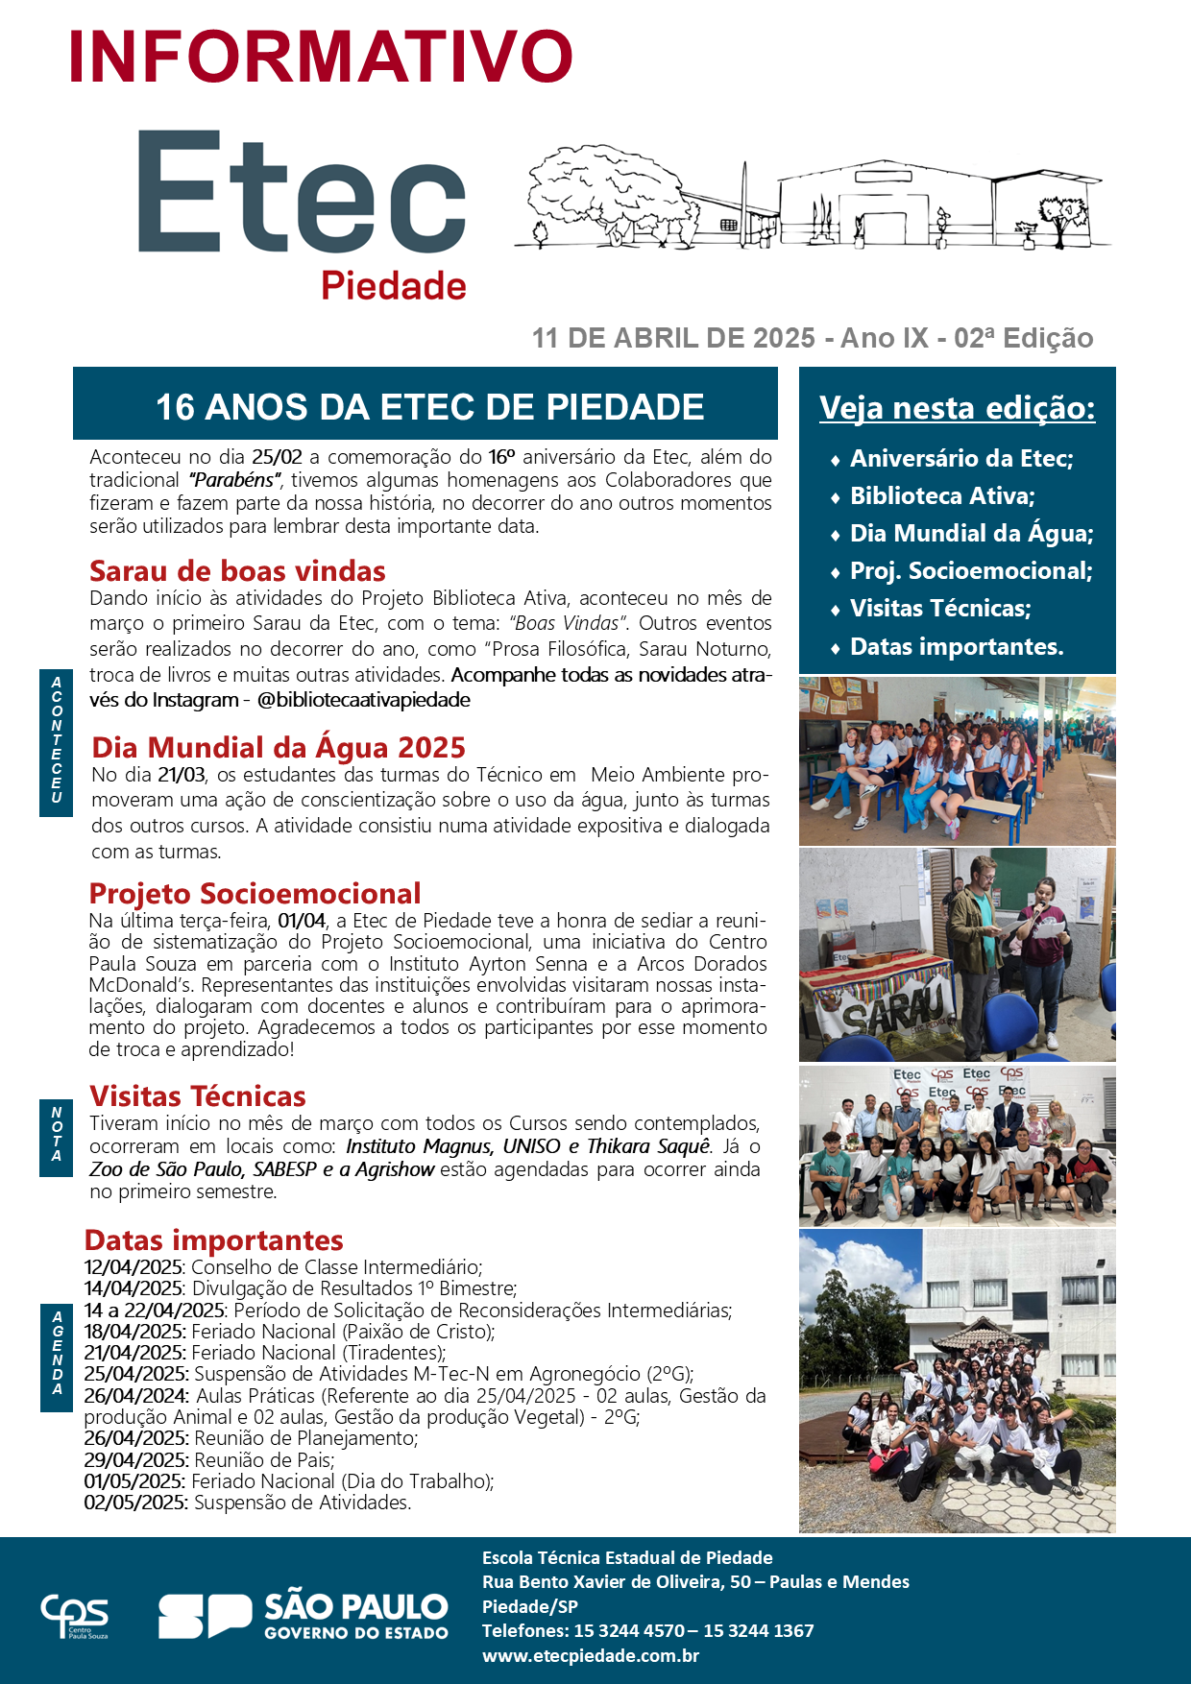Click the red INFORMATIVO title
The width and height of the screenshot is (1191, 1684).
coord(321,58)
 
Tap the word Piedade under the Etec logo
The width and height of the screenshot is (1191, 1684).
coord(394,286)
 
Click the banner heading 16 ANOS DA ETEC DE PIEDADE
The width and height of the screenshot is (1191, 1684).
coord(429,407)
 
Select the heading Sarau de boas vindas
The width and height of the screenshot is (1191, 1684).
coord(237,571)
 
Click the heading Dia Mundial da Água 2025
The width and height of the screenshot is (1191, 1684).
coord(279,747)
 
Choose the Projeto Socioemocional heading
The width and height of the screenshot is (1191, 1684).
coord(255,894)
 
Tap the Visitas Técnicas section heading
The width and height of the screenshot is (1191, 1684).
coord(198,1096)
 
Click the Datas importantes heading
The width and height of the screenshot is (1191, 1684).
coord(213,1240)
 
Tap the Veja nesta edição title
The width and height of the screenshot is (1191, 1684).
coord(957,408)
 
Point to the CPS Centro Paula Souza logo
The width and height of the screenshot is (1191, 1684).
coord(74,1617)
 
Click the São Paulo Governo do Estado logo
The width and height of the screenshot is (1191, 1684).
coord(304,1617)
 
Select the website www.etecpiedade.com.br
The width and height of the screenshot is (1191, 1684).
coord(590,1656)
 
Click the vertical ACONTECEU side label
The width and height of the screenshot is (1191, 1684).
coord(57,740)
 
